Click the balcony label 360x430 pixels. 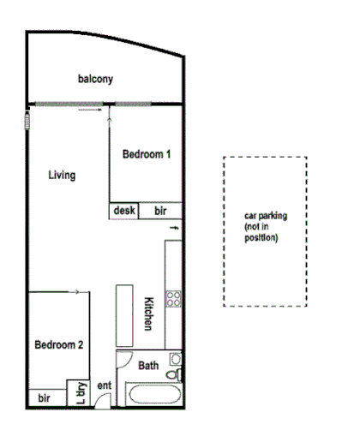(96, 80)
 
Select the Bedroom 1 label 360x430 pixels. (147, 155)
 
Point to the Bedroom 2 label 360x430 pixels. (58, 345)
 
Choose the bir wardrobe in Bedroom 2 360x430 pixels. (44, 398)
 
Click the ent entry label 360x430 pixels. (105, 387)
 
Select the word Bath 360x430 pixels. (148, 366)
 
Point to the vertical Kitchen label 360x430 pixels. (148, 314)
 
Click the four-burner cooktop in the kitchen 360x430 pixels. (174, 299)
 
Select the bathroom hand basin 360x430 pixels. (175, 359)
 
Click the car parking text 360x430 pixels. (266, 227)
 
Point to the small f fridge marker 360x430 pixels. (175, 228)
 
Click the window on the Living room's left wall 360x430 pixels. (27, 118)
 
